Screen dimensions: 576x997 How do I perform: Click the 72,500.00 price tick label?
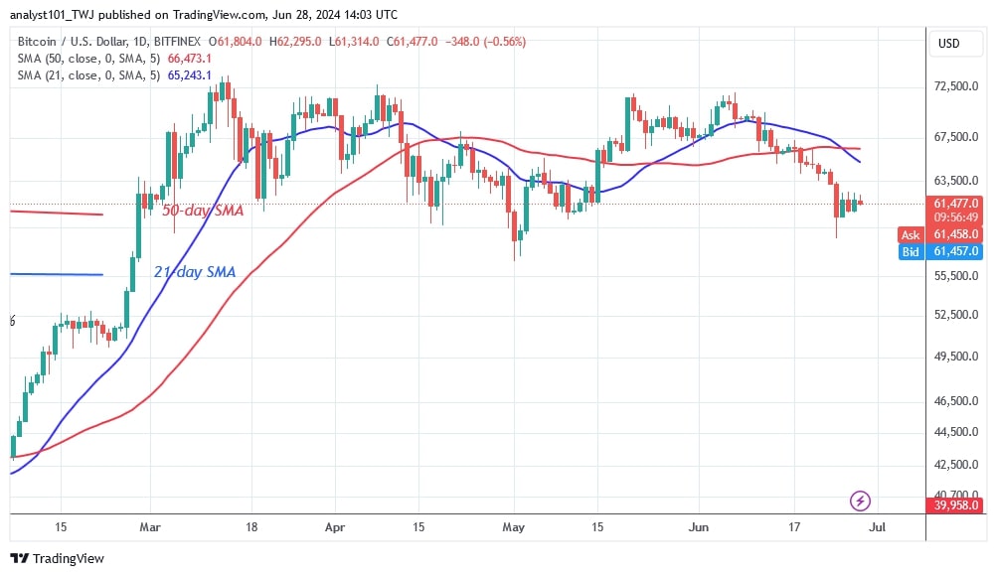point(957,86)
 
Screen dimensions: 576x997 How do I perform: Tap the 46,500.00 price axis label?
point(957,401)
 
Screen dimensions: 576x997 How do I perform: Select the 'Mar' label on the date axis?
point(149,526)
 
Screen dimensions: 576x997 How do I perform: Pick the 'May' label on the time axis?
point(513,526)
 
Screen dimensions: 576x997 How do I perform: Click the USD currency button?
point(949,44)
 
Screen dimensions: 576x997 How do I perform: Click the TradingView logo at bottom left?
point(58,558)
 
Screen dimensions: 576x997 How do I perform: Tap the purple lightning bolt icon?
point(861,500)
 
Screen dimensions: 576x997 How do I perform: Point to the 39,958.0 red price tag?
point(957,506)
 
